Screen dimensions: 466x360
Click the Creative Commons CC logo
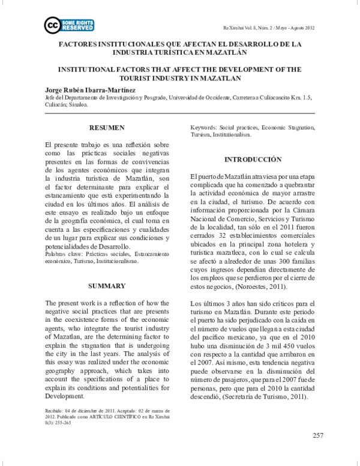pos(52,25)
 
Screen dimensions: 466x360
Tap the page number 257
pos(318,434)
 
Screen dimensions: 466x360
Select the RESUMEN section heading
pos(107,128)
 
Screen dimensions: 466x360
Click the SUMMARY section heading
pos(107,268)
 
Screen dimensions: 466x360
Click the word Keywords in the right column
pos(203,129)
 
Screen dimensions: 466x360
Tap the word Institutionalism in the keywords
pos(233,135)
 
